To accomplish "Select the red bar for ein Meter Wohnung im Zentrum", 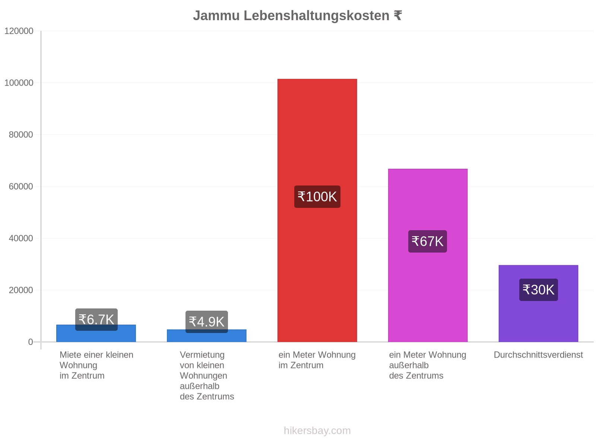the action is coord(317,210).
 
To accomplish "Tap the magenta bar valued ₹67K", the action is coord(427,255).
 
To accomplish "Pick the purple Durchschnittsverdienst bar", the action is coord(538,304).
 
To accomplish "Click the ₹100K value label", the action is coord(317,197).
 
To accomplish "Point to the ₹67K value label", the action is coord(427,241).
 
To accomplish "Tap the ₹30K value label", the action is coord(538,289).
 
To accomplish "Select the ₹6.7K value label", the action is coord(96,320).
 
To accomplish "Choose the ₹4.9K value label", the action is coord(207,321).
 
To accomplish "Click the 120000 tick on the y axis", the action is coord(19,31).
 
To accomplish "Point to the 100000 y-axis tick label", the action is coord(19,83).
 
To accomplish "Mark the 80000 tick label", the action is coord(21,134).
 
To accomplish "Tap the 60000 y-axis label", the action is coord(21,187).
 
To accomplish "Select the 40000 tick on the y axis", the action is coord(21,238).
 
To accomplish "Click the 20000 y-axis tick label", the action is coord(21,290).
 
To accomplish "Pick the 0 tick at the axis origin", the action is coord(31,342).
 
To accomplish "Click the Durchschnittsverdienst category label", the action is coord(538,355).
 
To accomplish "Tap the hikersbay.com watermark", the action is coord(317,431).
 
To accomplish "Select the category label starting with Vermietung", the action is coord(207,375).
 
